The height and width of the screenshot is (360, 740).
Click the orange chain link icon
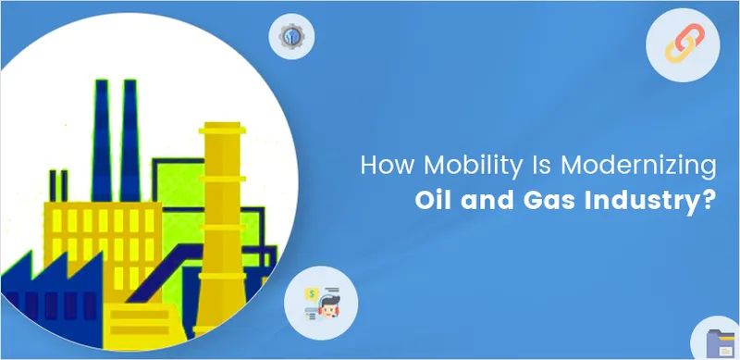[682, 47]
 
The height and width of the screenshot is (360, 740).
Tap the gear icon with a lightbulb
[291, 37]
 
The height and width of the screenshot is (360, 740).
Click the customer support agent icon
[320, 303]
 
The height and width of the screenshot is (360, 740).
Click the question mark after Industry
[709, 201]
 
